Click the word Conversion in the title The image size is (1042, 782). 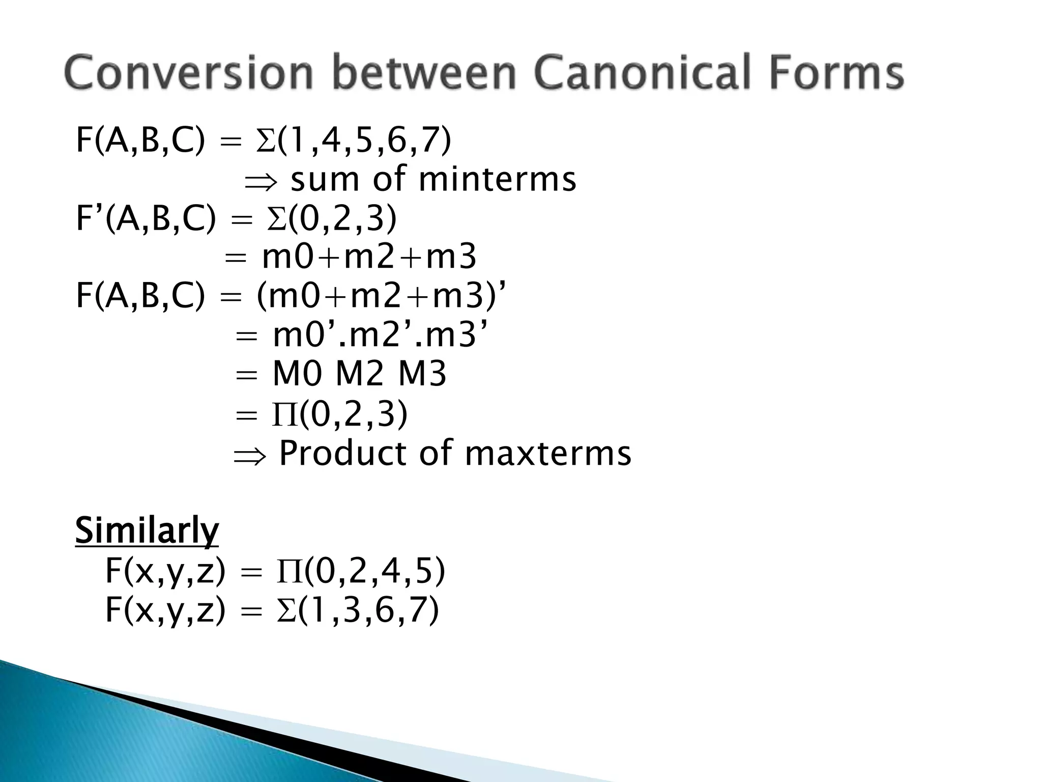(x=188, y=74)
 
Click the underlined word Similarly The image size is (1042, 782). (x=147, y=530)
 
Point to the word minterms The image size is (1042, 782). (x=497, y=180)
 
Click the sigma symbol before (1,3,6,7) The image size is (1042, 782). (x=286, y=610)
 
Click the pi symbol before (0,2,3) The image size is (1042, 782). (x=284, y=414)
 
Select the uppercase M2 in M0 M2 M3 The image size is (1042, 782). (x=359, y=375)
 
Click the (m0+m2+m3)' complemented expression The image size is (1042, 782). (x=382, y=296)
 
